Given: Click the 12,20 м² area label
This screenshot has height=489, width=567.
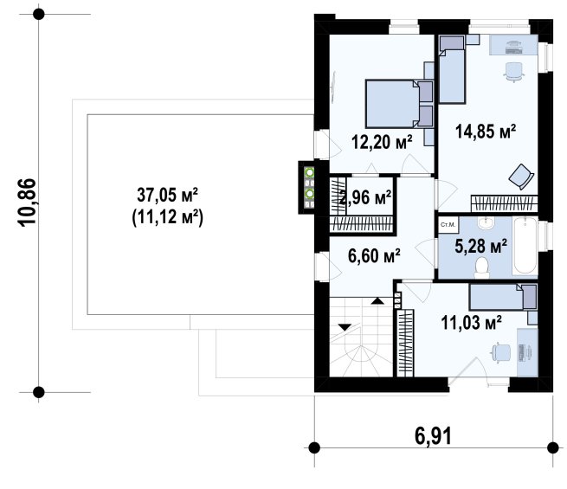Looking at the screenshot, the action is [x=382, y=142].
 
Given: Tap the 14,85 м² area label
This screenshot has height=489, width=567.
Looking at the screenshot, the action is [x=486, y=132].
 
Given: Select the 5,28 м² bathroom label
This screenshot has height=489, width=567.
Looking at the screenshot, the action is [x=480, y=247].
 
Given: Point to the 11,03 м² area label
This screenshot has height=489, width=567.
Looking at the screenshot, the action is [x=471, y=322].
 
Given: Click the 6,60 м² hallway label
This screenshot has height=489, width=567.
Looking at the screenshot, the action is [x=374, y=256].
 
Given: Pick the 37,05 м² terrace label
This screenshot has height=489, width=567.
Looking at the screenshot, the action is [x=167, y=195].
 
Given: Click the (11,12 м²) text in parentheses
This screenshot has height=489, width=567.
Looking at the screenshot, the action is [x=167, y=217].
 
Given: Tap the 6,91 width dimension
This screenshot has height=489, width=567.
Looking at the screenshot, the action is [x=433, y=436].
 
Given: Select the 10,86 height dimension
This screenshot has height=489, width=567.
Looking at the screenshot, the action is [x=28, y=203].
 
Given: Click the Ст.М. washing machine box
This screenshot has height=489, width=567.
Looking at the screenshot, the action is [x=448, y=224].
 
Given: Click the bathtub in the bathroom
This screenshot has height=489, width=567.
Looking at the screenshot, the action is [x=525, y=246].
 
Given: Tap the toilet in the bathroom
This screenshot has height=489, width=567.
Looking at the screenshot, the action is [x=481, y=267].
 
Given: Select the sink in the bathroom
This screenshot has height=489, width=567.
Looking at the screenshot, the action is [x=486, y=223].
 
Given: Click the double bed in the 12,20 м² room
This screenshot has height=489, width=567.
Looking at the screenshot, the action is [x=399, y=104].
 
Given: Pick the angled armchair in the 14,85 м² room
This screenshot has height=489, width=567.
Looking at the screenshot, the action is [x=521, y=177].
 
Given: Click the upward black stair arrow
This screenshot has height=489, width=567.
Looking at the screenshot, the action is [x=377, y=300].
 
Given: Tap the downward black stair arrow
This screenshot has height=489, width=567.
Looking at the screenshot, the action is [x=345, y=327].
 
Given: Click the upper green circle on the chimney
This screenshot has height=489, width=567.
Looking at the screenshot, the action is [x=310, y=172].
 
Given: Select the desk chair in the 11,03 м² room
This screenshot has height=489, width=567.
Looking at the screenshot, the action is [x=500, y=351].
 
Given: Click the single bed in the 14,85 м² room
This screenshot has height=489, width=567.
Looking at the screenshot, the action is [x=452, y=70].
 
